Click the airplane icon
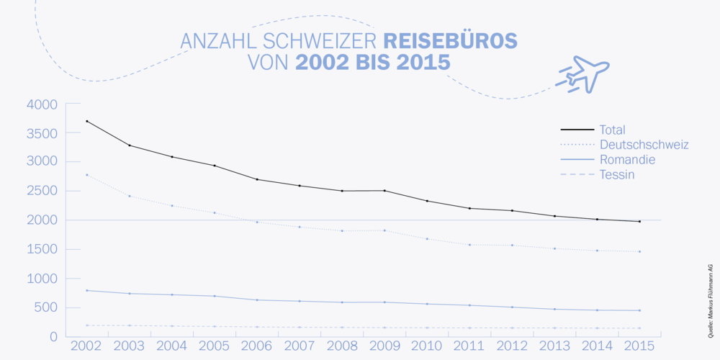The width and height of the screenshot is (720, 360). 585,73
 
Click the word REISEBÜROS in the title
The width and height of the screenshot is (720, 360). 450,41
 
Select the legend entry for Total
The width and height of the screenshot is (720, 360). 612,130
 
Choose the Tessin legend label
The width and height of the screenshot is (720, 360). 616,175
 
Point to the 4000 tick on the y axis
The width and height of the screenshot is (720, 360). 41,104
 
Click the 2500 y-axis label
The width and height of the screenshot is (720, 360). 41,192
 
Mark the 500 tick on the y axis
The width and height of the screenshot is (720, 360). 45,308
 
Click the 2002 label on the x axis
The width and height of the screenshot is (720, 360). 86,346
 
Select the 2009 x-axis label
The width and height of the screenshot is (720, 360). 384,346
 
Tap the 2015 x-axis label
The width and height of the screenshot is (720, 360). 639,346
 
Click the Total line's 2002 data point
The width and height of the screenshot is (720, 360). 86,121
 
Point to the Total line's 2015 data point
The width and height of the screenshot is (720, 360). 639,221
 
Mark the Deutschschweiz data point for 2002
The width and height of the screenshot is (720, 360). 86,175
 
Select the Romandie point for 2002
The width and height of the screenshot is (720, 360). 86,290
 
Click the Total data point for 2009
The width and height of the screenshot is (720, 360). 384,191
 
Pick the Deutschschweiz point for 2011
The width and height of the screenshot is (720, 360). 469,245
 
